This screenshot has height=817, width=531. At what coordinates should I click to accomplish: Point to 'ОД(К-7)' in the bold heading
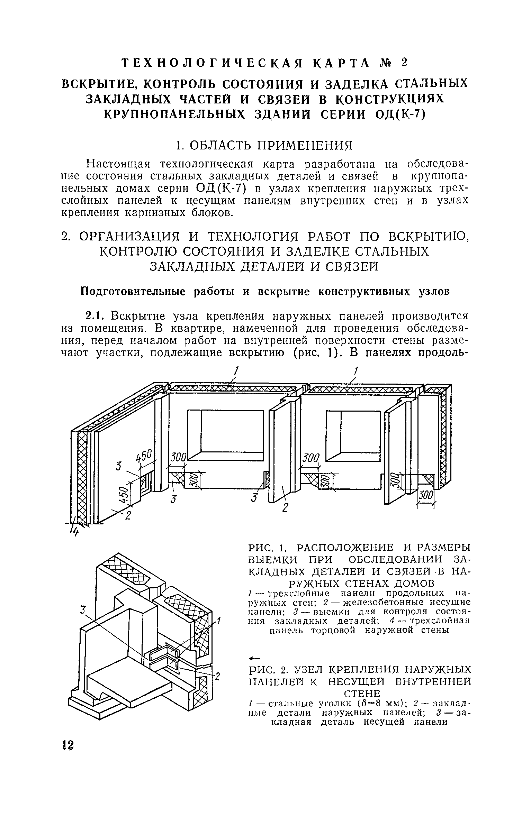coord(400,114)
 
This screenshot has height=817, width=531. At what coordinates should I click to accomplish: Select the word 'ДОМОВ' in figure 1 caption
coord(409,584)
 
